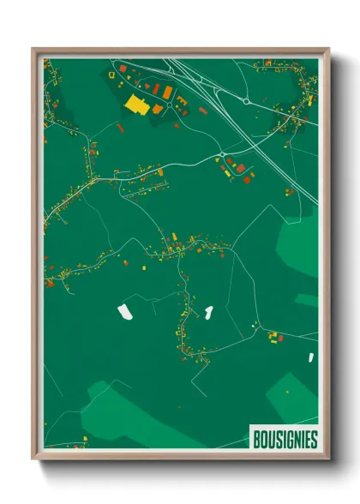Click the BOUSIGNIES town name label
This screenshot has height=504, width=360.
pos(285,440)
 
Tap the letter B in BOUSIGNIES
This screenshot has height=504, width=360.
pos(255,440)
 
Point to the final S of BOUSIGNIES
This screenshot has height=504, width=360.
pos(313,440)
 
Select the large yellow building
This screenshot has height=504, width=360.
pos(136,104)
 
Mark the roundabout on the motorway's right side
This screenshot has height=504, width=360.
pos(246,102)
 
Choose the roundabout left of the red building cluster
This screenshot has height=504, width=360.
pos(222,154)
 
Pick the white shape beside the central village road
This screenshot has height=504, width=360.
pos(207,310)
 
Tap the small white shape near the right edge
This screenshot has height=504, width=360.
pos(311,356)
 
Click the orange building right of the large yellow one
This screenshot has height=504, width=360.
pos(157,109)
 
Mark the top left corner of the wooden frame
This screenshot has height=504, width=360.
pos(33,49)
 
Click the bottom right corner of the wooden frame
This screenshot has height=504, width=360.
pos(328,459)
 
